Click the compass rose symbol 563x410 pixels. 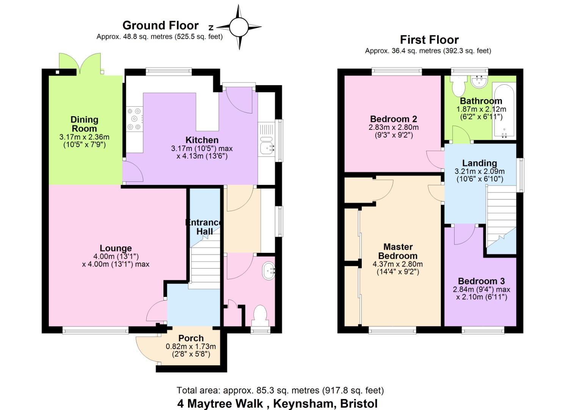point(238,27)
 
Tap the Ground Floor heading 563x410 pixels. point(160,25)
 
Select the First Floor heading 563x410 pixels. point(429,39)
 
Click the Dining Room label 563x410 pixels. point(85,124)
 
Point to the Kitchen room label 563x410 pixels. point(202,140)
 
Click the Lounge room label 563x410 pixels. point(116,249)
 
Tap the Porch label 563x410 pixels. point(191,338)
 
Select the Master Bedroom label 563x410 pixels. point(398,251)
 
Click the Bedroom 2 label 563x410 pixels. point(394,119)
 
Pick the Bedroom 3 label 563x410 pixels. point(481,281)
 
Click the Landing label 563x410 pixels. point(479,163)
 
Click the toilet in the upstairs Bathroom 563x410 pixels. point(458,86)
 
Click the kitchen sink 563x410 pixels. point(267,145)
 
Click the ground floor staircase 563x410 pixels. point(205,266)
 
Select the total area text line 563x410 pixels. point(280,390)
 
